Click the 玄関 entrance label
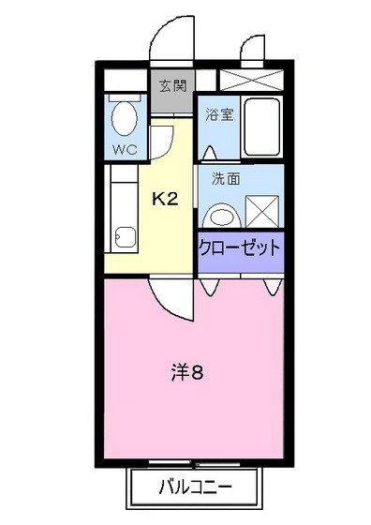click(173, 86)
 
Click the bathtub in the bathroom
click(262, 127)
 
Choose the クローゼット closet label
click(239, 248)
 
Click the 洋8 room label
click(187, 371)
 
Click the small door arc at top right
click(250, 49)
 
